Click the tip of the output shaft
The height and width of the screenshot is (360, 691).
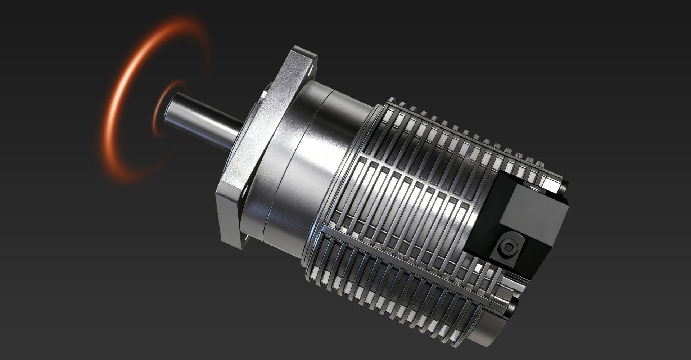[172, 104]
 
